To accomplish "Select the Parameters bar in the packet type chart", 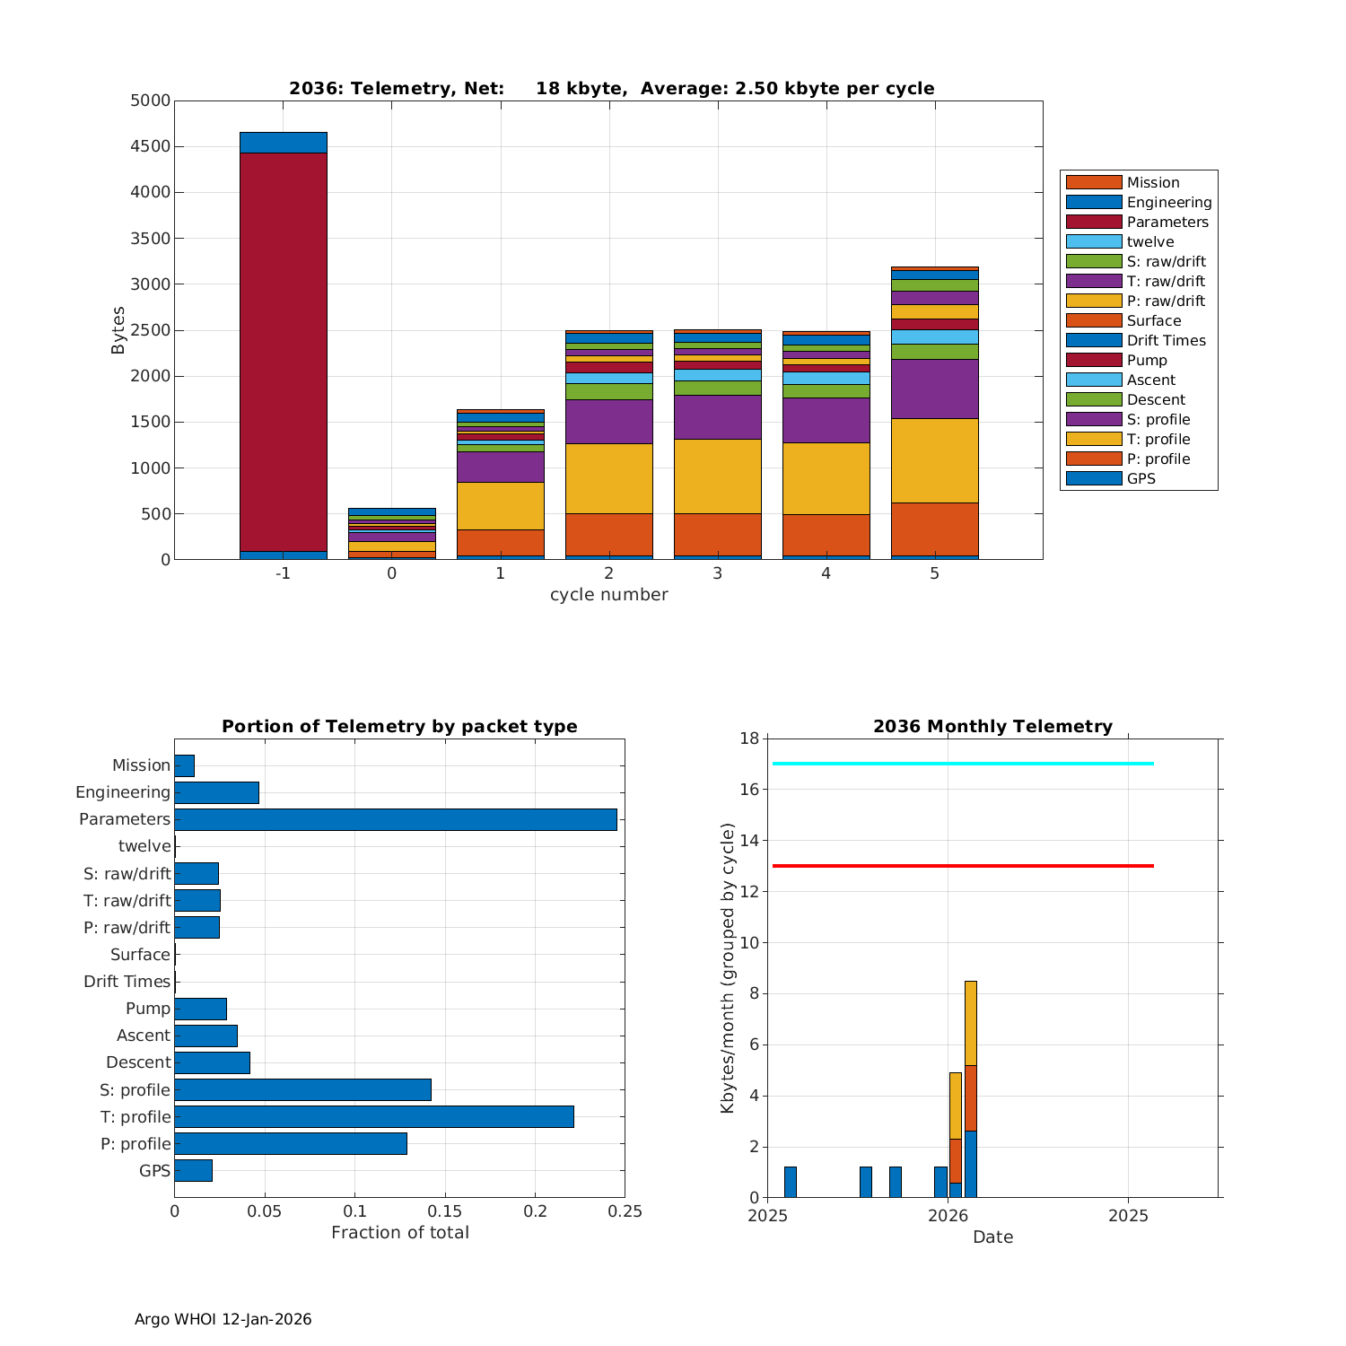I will (x=395, y=819).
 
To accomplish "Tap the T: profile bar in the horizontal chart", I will (x=373, y=1116).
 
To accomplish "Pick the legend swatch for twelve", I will (x=1094, y=241).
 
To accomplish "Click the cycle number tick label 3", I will (x=717, y=573).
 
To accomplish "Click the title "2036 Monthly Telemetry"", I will (x=992, y=727).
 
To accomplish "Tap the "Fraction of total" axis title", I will (x=399, y=1233).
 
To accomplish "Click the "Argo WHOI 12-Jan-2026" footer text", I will (x=223, y=1319).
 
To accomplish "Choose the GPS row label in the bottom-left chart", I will (x=154, y=1171).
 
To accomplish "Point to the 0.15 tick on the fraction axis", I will (x=445, y=1211).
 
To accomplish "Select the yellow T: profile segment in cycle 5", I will (x=934, y=460).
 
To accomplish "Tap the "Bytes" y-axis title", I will (x=118, y=330).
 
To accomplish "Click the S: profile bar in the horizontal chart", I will (x=302, y=1089).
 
